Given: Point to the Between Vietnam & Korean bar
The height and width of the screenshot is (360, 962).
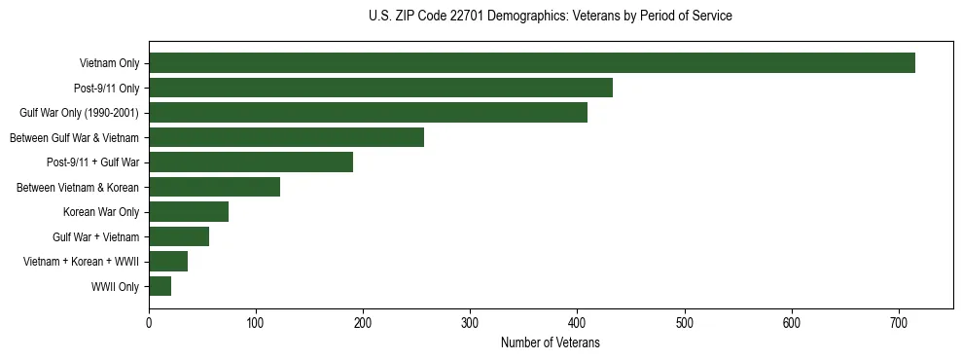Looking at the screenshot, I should click(x=214, y=187).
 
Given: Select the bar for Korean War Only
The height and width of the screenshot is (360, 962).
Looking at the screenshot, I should click(x=189, y=212).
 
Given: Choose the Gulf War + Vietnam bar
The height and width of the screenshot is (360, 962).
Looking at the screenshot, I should click(x=179, y=236).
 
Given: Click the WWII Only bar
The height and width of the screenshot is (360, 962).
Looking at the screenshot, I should click(x=160, y=286).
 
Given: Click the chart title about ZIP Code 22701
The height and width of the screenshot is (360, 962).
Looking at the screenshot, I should click(x=551, y=17).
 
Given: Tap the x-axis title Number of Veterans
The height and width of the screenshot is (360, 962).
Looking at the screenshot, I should click(x=550, y=343).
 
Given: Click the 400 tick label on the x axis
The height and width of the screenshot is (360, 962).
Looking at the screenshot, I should click(x=577, y=322).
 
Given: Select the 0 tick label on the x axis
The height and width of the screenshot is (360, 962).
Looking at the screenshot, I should click(x=149, y=322).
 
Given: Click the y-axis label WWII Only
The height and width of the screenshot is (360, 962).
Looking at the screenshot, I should click(x=115, y=287).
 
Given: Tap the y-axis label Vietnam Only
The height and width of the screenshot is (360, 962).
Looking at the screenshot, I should click(x=109, y=64).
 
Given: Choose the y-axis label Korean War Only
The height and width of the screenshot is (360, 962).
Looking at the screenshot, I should click(x=101, y=212).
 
